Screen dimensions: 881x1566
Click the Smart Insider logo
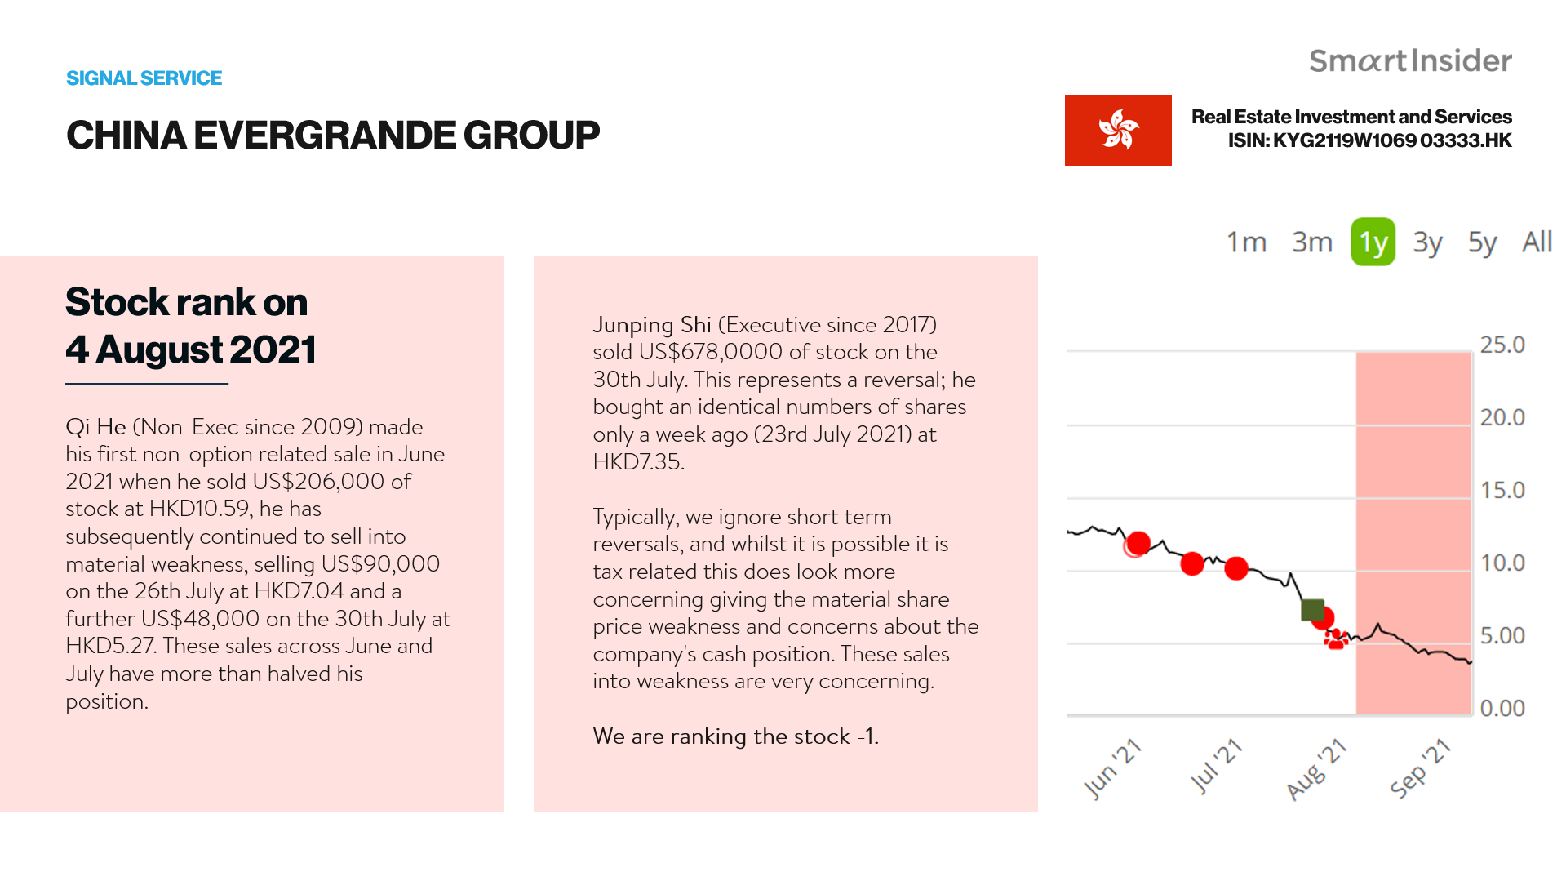[1410, 60]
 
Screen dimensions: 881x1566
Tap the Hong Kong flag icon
[1118, 130]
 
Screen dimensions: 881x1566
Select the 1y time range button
[1373, 242]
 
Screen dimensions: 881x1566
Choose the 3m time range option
[1311, 242]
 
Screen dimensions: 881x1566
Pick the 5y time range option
[1482, 242]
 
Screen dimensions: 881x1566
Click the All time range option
[1537, 242]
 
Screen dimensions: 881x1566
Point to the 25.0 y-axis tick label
[1502, 345]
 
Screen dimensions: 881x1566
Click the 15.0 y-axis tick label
[1502, 490]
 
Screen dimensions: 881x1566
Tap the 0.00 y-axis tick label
[1502, 708]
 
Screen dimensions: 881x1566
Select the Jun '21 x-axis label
[1111, 768]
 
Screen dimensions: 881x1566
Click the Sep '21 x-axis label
[1420, 768]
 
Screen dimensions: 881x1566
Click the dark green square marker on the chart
[1312, 610]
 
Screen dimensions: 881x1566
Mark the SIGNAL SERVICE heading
[144, 78]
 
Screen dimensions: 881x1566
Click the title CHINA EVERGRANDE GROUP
[333, 136]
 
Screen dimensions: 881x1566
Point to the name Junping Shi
[652, 325]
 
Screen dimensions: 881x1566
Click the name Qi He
[95, 427]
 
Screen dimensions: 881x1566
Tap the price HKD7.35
[637, 462]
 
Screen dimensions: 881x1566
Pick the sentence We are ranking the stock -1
[735, 736]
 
